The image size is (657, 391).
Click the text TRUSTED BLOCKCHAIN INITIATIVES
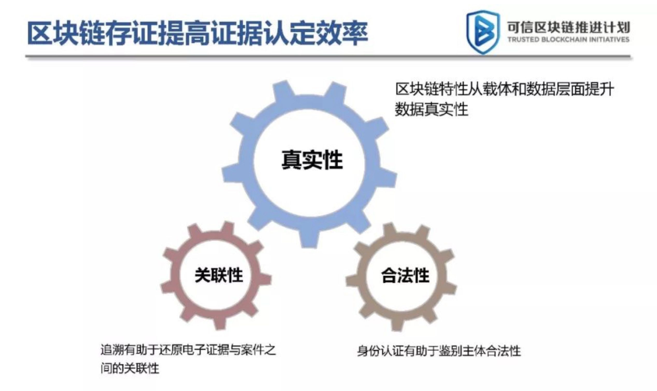569,39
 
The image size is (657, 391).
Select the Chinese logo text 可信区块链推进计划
569,27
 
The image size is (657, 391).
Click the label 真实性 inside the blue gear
312,160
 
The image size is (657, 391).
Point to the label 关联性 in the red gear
219,275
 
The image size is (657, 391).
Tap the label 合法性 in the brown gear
405,275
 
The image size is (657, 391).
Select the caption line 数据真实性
431,109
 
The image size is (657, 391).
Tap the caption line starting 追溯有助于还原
188,350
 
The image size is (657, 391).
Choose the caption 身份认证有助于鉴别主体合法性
439,351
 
